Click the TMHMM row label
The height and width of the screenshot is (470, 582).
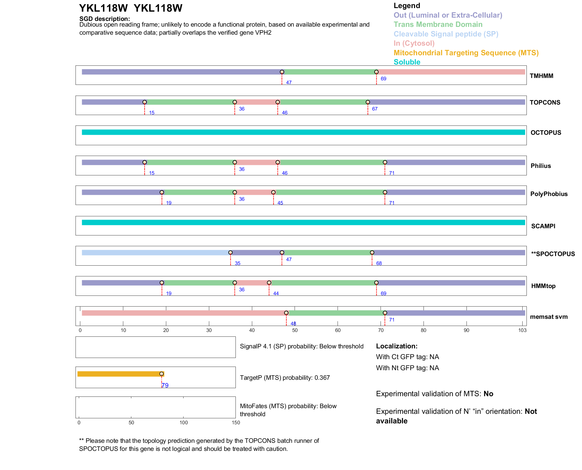point(541,76)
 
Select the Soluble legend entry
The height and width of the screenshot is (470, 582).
point(407,62)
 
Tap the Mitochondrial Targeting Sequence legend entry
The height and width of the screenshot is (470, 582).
point(466,53)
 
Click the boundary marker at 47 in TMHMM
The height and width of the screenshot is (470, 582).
point(282,72)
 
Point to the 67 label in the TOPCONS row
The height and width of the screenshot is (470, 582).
point(375,109)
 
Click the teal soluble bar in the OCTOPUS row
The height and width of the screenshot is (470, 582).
point(303,132)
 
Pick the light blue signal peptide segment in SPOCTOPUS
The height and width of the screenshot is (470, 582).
point(155,253)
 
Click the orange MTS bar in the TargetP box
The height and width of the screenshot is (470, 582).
point(119,374)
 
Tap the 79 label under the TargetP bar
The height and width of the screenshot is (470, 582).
point(165,385)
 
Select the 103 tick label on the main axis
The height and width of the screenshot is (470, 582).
point(522,330)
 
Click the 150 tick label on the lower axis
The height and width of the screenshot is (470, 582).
point(236,422)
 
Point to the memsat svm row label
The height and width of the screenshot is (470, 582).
point(549,317)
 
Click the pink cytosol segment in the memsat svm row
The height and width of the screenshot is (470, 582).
point(182,313)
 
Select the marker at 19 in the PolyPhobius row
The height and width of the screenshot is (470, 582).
point(162,192)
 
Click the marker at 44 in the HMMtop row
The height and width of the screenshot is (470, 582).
point(269,283)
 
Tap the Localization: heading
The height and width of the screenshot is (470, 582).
point(396,346)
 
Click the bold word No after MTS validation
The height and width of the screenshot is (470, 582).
point(488,394)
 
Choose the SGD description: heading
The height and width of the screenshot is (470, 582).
point(104,19)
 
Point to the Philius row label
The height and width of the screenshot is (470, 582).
point(541,166)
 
